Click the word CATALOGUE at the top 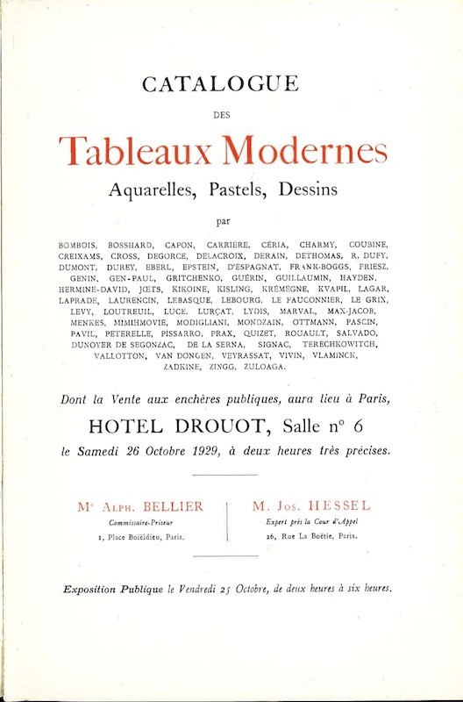pyautogui.click(x=231, y=85)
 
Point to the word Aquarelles pyautogui.click(x=149, y=189)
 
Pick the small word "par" pyautogui.click(x=231, y=219)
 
